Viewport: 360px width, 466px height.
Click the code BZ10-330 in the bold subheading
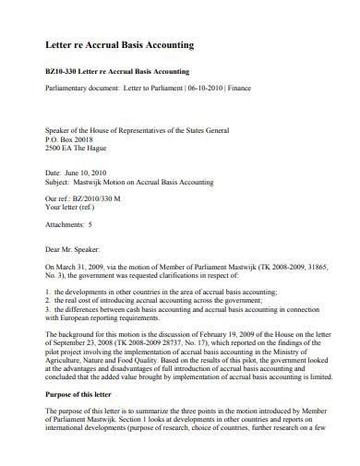point(63,71)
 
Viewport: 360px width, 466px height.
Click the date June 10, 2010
point(84,172)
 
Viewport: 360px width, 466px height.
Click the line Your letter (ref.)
point(77,207)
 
